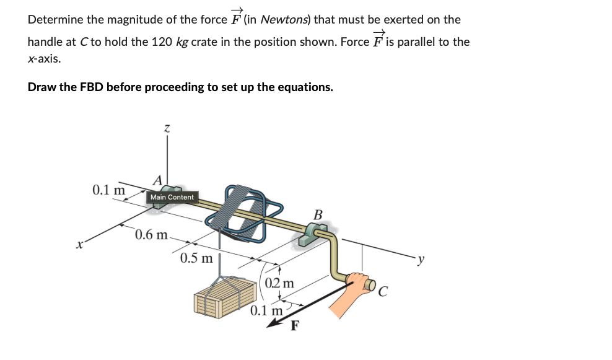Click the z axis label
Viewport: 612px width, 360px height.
pyautogui.click(x=166, y=128)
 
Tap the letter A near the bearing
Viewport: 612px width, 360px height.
pyautogui.click(x=157, y=179)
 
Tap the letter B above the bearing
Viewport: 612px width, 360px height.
pyautogui.click(x=318, y=215)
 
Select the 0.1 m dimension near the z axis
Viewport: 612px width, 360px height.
pyautogui.click(x=108, y=189)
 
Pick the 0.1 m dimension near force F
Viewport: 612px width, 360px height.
pyautogui.click(x=266, y=310)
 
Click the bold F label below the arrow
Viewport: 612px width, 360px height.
pyautogui.click(x=295, y=327)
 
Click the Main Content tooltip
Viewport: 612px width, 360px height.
pyautogui.click(x=172, y=197)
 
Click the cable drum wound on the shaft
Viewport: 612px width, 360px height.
pyautogui.click(x=240, y=208)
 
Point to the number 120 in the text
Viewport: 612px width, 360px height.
pyautogui.click(x=162, y=42)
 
